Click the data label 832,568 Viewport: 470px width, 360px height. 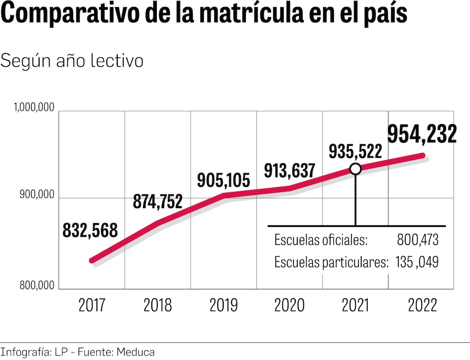pos(90,230)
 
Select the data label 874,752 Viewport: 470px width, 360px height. pos(158,201)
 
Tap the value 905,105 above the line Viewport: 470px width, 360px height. pos(224,180)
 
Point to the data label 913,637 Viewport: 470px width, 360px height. pos(289,171)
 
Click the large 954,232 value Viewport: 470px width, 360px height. pos(422,134)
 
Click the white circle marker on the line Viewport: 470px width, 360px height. pos(355,169)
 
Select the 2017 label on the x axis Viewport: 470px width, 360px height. pos(92,305)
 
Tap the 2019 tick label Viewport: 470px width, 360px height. pos(224,305)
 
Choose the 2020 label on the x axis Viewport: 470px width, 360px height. pos(289,305)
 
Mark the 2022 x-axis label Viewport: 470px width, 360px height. pos(423,305)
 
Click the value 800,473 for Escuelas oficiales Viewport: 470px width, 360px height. pos(418,241)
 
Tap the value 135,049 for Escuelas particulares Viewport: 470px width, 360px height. pos(417,263)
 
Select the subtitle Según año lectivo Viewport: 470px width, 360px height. pos(72,61)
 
